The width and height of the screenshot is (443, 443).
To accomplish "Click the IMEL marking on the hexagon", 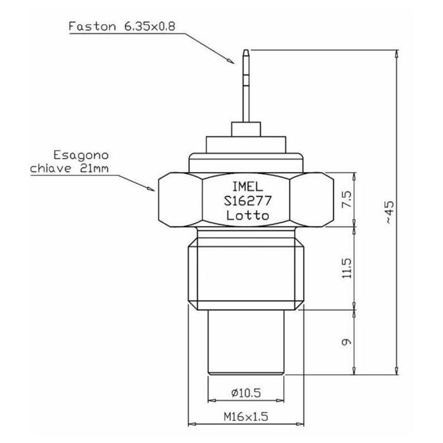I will tap(247, 188).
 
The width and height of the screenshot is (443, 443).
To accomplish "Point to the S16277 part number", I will tap(247, 202).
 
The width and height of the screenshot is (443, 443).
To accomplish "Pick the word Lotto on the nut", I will tap(247, 216).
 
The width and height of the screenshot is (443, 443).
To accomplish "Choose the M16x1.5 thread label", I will tap(247, 416).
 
